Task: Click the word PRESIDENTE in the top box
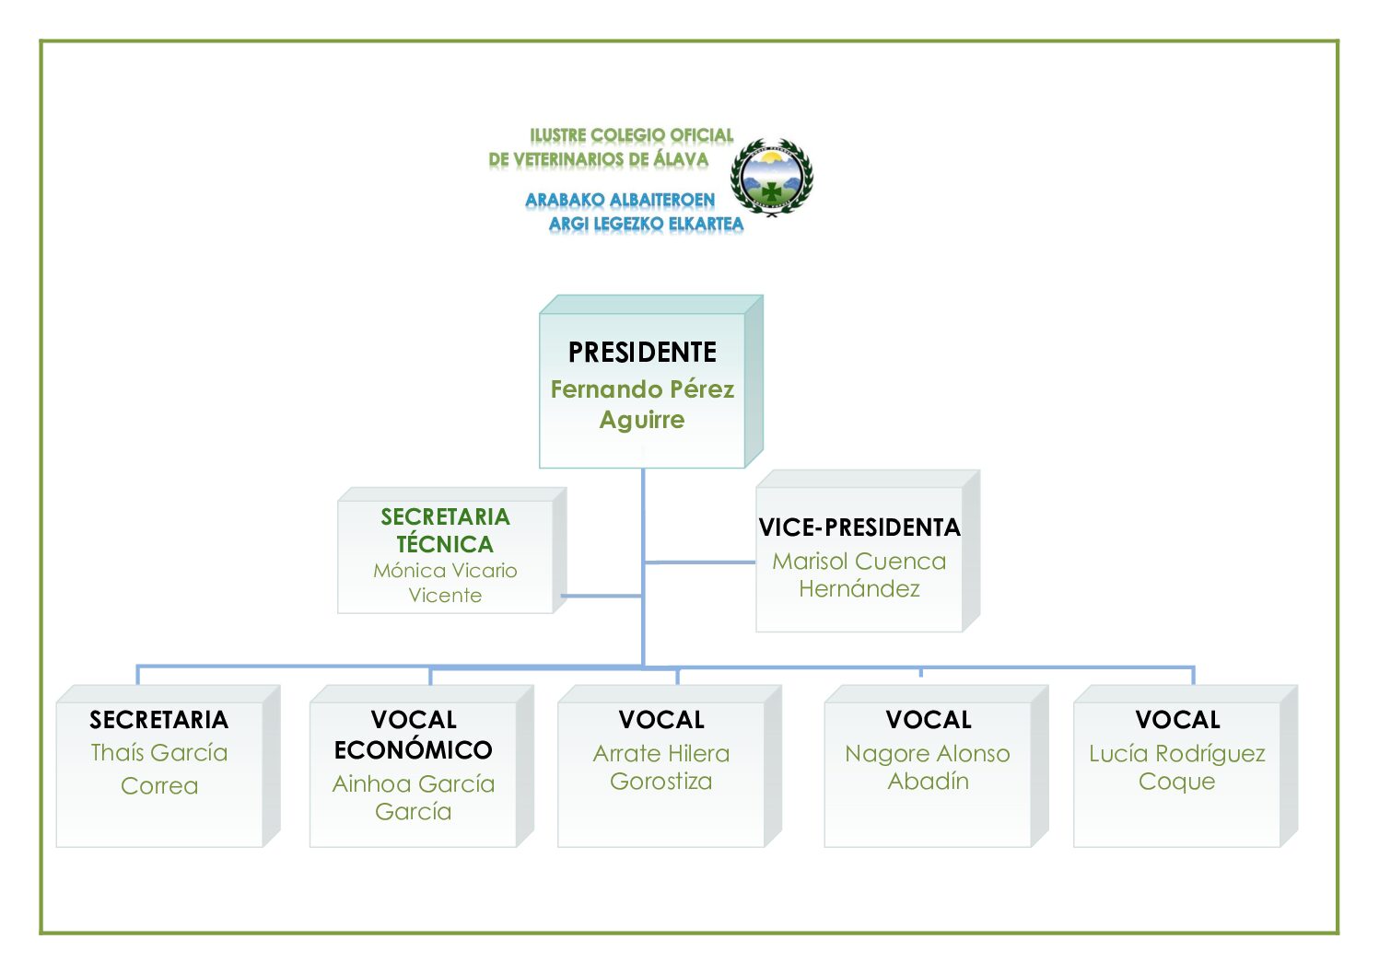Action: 642,353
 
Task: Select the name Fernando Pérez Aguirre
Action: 642,404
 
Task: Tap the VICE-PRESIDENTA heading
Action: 859,528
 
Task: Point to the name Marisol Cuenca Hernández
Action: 859,574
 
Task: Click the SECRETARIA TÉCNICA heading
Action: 445,530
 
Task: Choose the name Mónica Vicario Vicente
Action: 445,583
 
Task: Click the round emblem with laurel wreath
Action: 772,177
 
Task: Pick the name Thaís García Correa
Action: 159,769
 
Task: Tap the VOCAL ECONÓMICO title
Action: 414,735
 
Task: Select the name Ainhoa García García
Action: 414,797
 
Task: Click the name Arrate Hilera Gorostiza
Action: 661,767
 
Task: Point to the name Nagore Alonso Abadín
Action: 928,767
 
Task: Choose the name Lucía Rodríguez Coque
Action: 1176,767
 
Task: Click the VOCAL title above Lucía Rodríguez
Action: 1177,720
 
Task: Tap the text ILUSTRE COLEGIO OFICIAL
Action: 632,135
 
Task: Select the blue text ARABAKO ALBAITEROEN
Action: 620,200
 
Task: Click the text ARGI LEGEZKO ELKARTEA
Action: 646,224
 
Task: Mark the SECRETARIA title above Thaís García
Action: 159,720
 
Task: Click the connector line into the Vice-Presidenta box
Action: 700,562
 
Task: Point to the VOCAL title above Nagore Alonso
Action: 929,720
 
